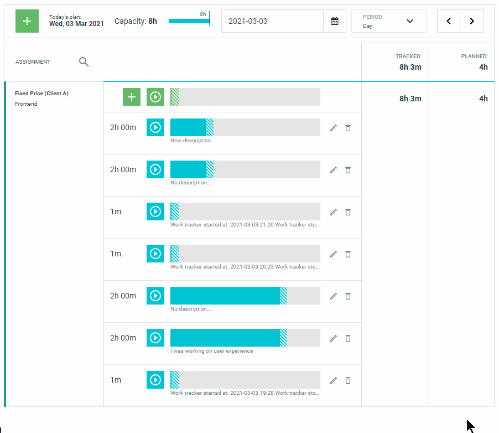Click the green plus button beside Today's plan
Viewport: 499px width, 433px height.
point(27,21)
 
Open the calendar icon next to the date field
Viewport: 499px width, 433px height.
point(335,21)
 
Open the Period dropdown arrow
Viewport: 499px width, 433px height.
point(410,21)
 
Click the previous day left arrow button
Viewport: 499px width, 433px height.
point(449,21)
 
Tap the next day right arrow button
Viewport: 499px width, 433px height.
point(472,21)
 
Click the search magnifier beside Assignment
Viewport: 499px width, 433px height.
point(84,61)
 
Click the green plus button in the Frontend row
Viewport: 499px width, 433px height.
point(132,97)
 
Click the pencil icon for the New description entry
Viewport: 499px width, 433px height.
point(333,128)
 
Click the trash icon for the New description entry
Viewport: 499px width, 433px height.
point(348,128)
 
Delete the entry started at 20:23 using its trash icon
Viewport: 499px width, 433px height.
point(348,254)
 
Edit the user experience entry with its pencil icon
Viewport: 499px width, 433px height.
point(333,338)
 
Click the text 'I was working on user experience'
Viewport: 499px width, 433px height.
point(212,351)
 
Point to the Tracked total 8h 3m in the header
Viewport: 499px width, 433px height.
point(410,67)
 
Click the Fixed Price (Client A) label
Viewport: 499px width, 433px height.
point(41,94)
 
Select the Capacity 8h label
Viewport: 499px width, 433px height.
point(136,21)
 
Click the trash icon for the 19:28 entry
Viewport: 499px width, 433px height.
point(348,380)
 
